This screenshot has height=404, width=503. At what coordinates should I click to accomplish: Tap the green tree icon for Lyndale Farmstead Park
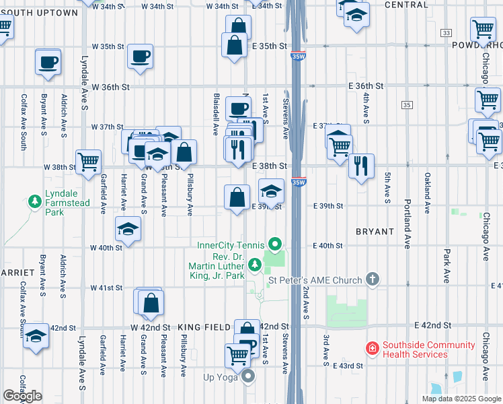point(34,201)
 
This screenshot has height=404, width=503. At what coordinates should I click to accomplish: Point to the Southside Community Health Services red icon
point(371,348)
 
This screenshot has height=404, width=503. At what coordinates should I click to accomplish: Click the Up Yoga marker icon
point(248,376)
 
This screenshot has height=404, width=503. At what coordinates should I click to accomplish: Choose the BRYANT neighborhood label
point(375,232)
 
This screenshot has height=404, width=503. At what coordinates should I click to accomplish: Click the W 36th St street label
point(110,88)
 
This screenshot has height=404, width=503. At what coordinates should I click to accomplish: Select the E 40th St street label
point(328,246)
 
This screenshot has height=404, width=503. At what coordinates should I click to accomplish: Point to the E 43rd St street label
point(348,366)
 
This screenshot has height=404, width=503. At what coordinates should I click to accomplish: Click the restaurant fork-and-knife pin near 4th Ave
point(361,166)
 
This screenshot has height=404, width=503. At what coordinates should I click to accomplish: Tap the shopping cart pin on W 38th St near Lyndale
point(88,162)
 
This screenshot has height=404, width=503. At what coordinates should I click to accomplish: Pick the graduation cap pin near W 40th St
point(128,229)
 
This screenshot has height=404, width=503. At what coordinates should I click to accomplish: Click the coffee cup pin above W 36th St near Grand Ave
point(140,57)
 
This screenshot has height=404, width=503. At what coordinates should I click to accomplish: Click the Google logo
point(23,396)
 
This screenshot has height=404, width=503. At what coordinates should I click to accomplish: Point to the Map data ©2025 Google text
point(461,399)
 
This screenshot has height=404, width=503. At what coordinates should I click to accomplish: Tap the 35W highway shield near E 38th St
point(299,182)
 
